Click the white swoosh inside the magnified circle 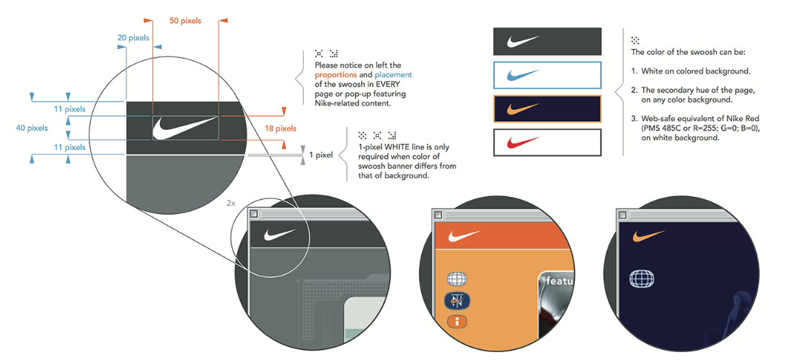tap(185, 128)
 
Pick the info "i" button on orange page tap(458, 321)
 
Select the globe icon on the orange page tap(458, 278)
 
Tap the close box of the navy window tap(622, 215)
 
